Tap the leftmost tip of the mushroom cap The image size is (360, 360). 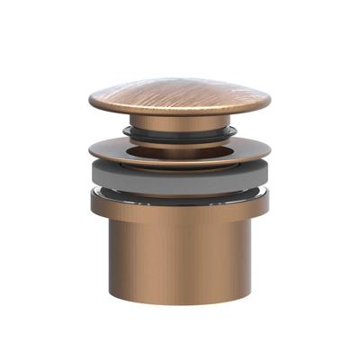point(90,101)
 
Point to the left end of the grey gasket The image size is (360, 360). point(91,175)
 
